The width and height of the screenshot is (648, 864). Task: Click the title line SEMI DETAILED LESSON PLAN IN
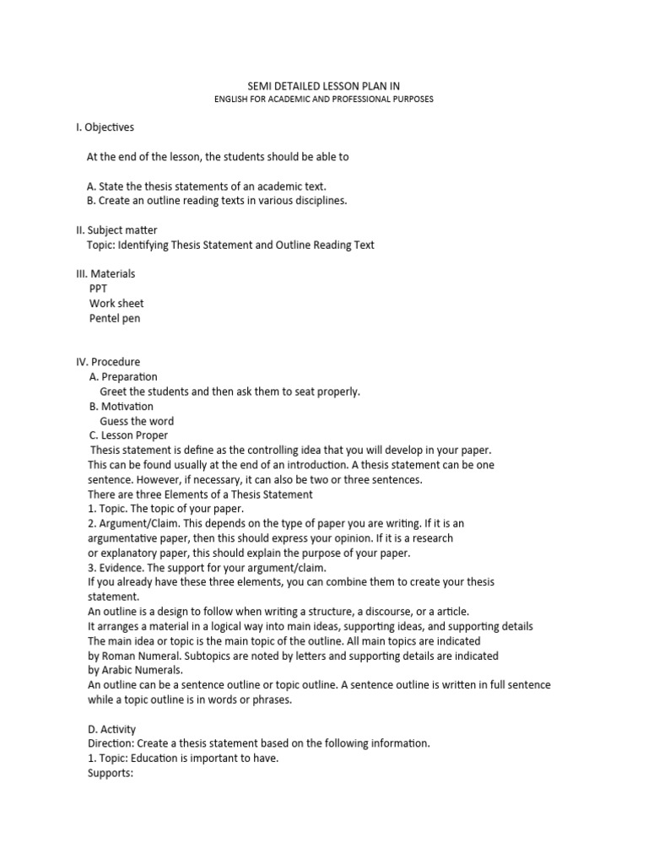click(323, 84)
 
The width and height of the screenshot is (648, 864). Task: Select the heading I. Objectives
click(105, 127)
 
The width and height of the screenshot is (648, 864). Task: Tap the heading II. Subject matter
click(116, 229)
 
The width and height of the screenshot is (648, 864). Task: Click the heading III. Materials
click(105, 273)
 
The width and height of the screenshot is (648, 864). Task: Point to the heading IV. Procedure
click(108, 362)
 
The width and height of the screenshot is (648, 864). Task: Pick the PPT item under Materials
click(100, 289)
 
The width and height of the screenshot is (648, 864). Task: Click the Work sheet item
click(116, 303)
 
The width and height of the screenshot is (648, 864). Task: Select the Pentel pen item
click(116, 318)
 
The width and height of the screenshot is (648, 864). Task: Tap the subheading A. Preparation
click(123, 376)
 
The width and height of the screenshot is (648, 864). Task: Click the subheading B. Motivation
click(121, 406)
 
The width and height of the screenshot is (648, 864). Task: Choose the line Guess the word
click(137, 421)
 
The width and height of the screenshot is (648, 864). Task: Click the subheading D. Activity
click(111, 729)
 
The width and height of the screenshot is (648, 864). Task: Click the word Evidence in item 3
click(121, 568)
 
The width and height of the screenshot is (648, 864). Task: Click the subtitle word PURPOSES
click(409, 100)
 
